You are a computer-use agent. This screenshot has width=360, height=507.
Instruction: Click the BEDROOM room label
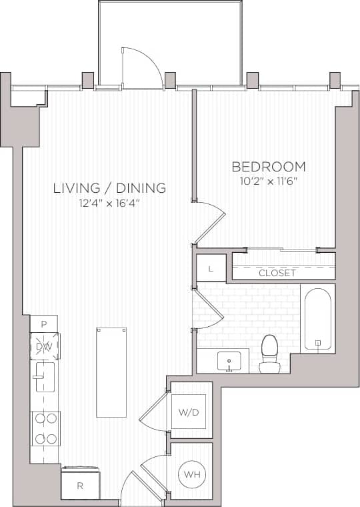(268, 167)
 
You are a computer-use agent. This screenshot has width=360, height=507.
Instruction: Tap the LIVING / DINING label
(109, 188)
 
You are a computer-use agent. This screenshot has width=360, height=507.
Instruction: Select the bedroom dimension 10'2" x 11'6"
(268, 181)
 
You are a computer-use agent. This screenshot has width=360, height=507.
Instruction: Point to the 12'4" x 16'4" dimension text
(109, 203)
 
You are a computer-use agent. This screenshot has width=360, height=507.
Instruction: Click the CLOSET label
(277, 273)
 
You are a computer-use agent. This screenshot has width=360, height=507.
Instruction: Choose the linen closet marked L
(211, 268)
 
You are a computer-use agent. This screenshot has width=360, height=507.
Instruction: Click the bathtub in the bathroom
(317, 319)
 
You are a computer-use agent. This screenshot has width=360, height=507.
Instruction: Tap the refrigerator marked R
(80, 485)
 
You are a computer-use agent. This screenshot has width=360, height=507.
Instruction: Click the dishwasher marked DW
(44, 346)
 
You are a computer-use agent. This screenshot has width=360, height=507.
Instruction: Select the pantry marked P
(44, 324)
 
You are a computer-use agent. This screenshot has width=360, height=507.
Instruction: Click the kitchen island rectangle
(111, 372)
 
